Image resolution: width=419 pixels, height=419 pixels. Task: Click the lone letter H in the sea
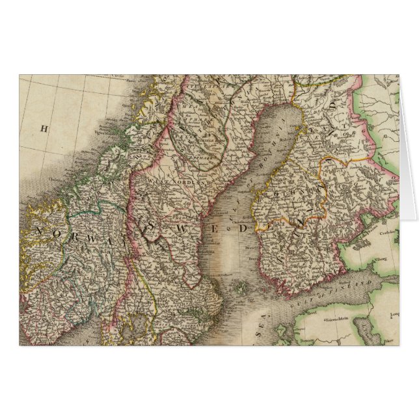[x=44, y=129]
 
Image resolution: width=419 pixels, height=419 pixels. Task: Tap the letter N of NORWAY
[x=38, y=231]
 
